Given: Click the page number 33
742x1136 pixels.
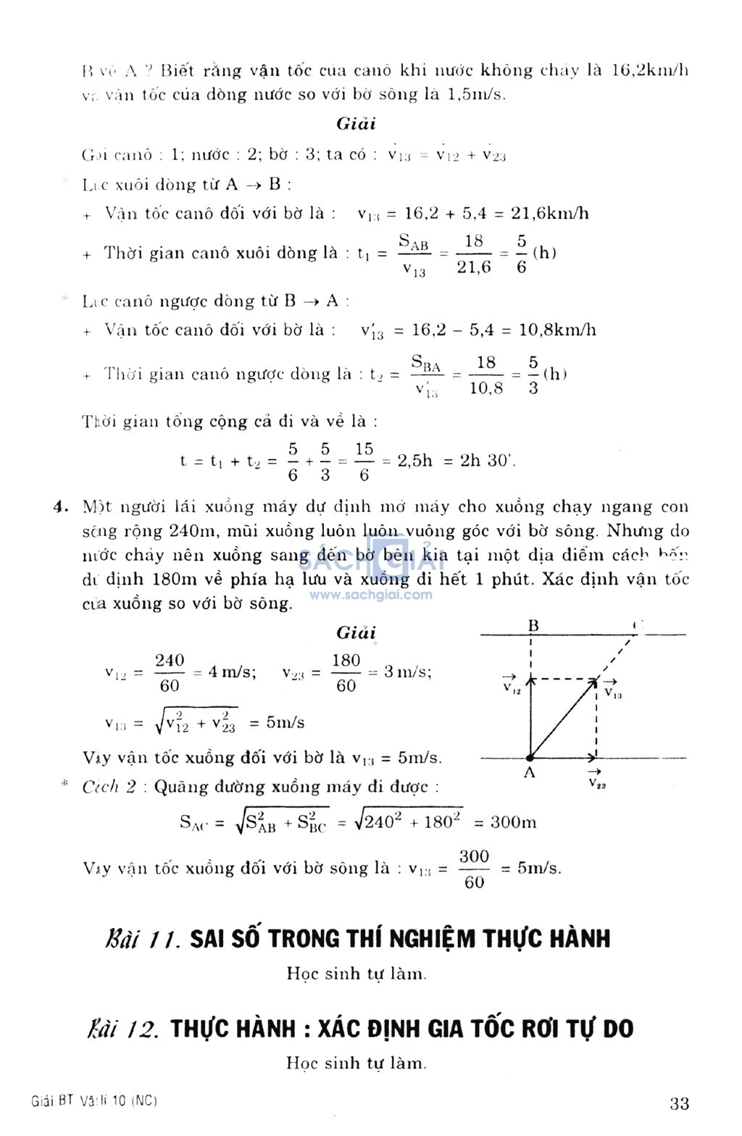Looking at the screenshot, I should pyautogui.click(x=679, y=1103).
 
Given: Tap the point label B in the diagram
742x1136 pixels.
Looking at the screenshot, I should pyautogui.click(x=533, y=626).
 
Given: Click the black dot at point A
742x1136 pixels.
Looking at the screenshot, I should pyautogui.click(x=530, y=757).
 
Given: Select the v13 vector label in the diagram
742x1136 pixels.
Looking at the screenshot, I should pyautogui.click(x=612, y=690).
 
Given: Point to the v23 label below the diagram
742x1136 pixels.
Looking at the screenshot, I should pyautogui.click(x=597, y=781).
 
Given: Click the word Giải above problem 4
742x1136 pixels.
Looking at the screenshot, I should pyautogui.click(x=356, y=632).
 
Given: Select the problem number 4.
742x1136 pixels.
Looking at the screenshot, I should pyautogui.click(x=62, y=506).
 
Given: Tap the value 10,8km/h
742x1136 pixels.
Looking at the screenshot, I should pyautogui.click(x=557, y=330).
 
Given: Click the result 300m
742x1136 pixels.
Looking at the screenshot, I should pyautogui.click(x=514, y=822).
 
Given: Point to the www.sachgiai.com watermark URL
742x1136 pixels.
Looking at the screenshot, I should pyautogui.click(x=371, y=595).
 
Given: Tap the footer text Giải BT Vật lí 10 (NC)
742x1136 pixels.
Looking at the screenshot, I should pyautogui.click(x=95, y=1101).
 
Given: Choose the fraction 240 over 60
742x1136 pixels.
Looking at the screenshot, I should pyautogui.click(x=170, y=672).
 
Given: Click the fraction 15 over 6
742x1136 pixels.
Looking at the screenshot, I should pyautogui.click(x=364, y=461).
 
